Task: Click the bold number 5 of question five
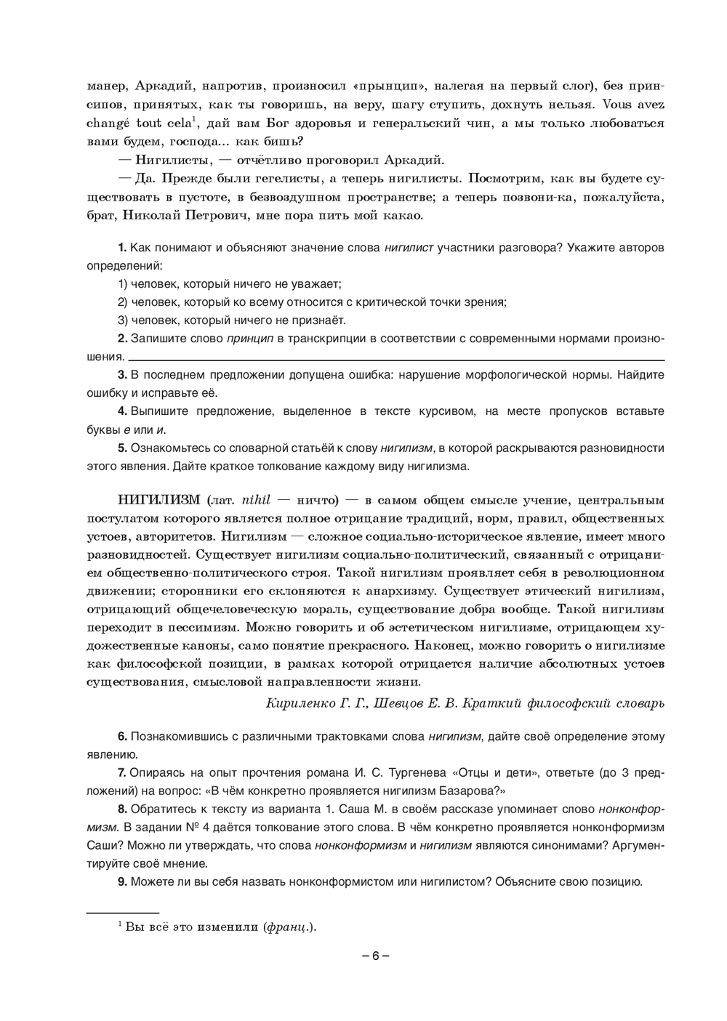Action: tap(122, 448)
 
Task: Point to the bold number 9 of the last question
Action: tap(122, 881)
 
